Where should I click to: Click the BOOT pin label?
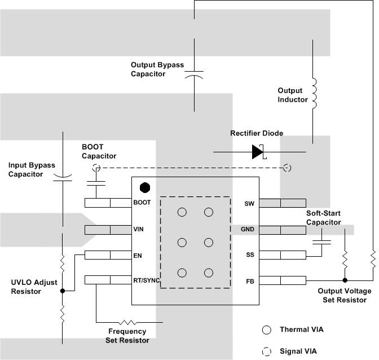(x=142, y=203)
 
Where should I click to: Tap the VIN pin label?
(x=139, y=230)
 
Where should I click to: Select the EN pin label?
(x=138, y=255)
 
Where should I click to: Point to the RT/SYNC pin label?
(x=147, y=280)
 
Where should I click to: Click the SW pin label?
(x=249, y=203)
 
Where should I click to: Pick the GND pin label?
(x=248, y=230)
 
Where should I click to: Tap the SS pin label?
(x=249, y=255)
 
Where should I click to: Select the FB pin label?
(x=249, y=280)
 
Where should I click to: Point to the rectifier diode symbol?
(x=258, y=152)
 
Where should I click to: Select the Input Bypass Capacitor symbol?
(x=63, y=179)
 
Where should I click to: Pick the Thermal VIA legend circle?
(x=266, y=330)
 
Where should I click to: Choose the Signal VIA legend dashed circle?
(x=266, y=351)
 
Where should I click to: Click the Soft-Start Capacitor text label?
(x=324, y=218)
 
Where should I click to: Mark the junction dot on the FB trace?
(x=345, y=280)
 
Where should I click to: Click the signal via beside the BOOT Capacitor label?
(x=96, y=168)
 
